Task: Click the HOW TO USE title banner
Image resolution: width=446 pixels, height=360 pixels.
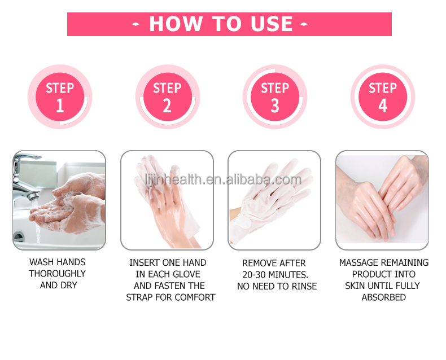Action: [229, 24]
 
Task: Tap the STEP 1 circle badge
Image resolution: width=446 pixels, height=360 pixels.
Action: [60, 96]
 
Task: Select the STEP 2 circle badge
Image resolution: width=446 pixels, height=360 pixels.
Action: [167, 96]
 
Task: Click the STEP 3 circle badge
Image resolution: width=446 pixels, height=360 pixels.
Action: [275, 96]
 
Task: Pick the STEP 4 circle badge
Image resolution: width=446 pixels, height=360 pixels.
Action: [383, 96]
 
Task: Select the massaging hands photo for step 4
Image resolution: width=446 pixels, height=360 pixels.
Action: [382, 200]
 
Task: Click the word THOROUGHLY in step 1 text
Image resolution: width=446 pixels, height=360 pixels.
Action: [58, 274]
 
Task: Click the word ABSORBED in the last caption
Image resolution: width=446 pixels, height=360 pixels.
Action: [384, 297]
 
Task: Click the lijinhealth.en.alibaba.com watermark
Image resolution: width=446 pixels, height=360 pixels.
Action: [222, 180]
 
